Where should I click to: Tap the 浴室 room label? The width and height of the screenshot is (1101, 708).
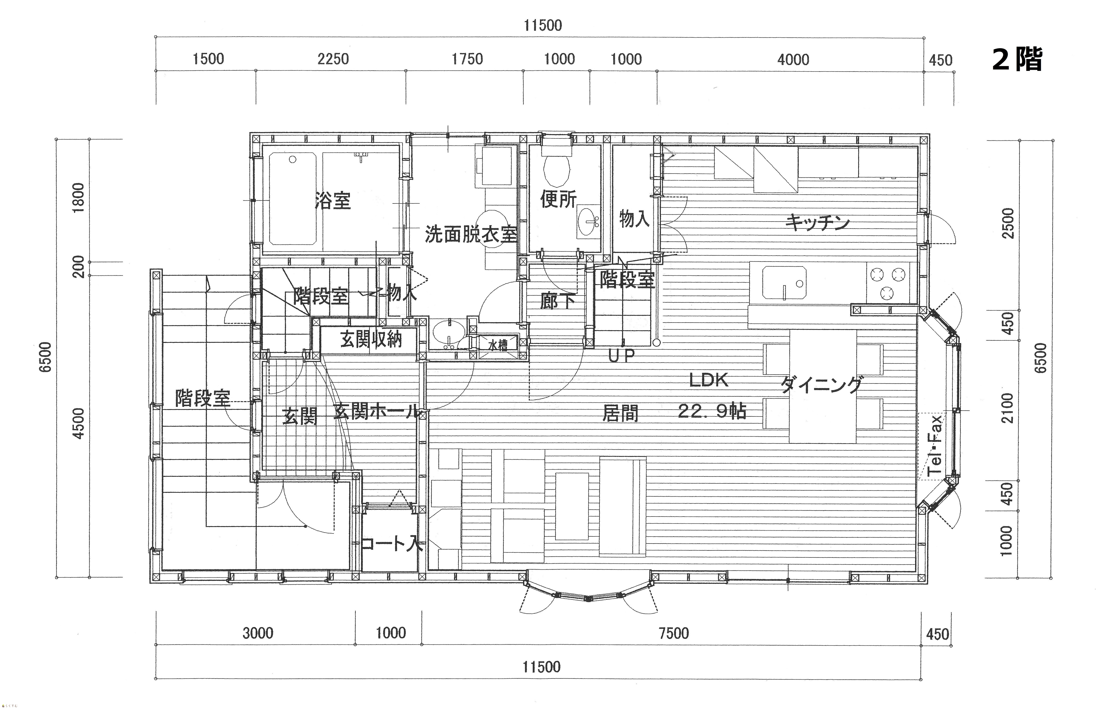pos(333,201)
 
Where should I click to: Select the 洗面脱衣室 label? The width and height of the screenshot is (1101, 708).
pos(471,234)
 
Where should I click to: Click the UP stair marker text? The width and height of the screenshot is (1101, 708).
pos(622,356)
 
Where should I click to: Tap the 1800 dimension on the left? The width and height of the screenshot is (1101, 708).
pos(79,198)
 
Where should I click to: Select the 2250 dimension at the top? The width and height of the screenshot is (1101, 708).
pos(333,59)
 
